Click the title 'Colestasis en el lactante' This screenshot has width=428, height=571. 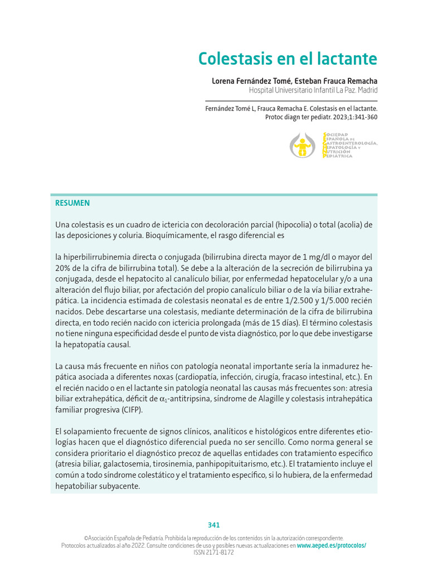tap(288, 59)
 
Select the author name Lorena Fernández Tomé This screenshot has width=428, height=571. tap(248, 81)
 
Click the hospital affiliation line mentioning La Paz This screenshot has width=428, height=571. tap(313, 90)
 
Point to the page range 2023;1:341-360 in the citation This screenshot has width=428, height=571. tap(349, 118)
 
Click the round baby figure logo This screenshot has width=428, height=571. tap(303, 146)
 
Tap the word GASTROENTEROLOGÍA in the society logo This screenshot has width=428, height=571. tap(351, 143)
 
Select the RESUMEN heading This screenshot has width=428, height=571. tap(72, 203)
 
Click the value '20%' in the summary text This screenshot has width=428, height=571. tap(63, 268)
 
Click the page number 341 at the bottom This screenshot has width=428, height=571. tap(214, 525)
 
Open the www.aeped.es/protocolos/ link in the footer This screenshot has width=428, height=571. tap(332, 545)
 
